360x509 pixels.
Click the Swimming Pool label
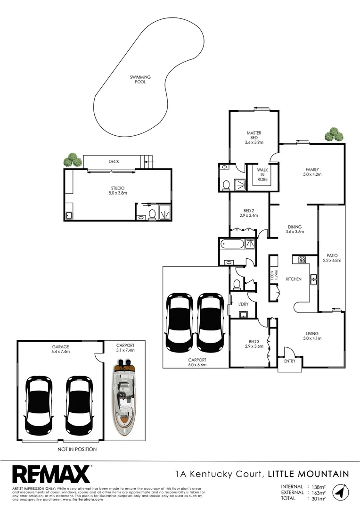[138, 79]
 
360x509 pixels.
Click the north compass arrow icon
[339, 492]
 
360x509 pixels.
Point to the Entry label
[290, 362]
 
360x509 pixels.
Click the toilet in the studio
[152, 215]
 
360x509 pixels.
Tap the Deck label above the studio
[114, 161]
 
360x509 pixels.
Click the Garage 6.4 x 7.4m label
[61, 348]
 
